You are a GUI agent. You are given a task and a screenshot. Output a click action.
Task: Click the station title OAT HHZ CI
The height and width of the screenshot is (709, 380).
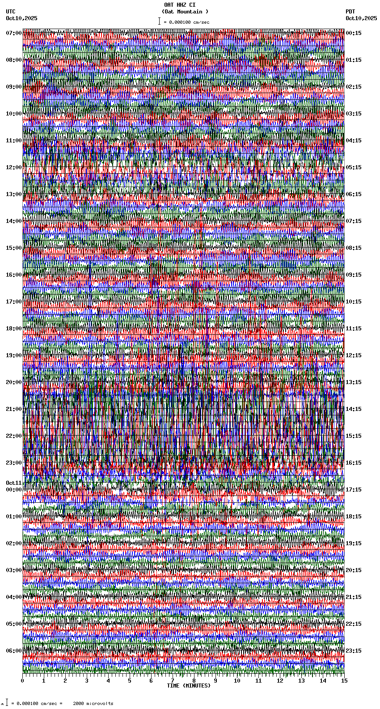(179, 5)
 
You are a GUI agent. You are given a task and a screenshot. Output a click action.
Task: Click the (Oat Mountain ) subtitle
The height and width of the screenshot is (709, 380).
(185, 12)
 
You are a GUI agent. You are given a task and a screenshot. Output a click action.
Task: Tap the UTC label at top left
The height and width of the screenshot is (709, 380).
(11, 12)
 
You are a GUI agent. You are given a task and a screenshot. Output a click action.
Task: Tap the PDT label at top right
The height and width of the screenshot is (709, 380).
(350, 12)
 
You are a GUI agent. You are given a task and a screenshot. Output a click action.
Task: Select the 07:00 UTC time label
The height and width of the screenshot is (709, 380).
(14, 33)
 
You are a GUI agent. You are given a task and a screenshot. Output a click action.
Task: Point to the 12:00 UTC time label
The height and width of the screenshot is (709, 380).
(14, 167)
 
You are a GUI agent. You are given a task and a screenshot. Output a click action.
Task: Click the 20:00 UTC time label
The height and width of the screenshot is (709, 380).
(14, 382)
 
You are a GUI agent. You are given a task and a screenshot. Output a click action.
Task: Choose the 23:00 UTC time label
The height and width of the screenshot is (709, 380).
(14, 463)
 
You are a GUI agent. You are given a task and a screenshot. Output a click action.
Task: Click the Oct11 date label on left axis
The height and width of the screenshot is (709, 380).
(14, 483)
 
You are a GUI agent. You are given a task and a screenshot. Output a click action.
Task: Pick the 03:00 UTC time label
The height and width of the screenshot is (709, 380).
(14, 570)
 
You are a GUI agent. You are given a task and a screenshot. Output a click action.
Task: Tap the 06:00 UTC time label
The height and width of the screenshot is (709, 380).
(14, 651)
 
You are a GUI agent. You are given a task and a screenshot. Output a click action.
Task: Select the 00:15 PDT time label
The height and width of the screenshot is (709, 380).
(354, 33)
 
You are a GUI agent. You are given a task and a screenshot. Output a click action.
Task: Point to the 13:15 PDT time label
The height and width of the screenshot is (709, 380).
(354, 382)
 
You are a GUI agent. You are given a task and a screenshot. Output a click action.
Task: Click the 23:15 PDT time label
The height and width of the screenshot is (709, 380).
(354, 651)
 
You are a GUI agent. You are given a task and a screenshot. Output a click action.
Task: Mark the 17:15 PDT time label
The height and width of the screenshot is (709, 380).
(354, 490)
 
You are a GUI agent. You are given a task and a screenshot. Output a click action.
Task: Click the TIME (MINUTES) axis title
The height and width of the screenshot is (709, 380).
(189, 686)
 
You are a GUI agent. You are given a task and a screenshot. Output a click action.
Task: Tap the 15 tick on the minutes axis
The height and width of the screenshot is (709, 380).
(344, 681)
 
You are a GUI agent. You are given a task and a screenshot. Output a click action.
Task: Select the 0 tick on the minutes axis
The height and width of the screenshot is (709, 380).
(22, 681)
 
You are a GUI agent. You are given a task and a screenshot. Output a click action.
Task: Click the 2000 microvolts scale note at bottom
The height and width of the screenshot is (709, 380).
(93, 704)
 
